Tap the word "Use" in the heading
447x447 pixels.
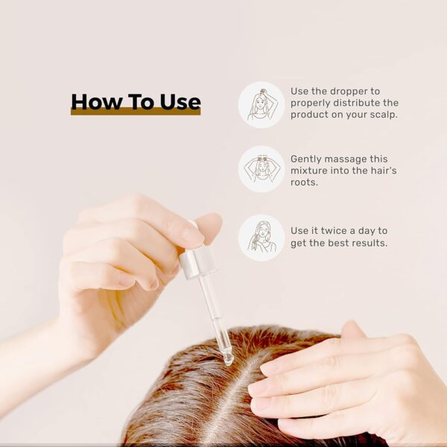point(180,102)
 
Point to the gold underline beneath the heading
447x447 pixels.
point(136,112)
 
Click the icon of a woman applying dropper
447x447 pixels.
point(261,104)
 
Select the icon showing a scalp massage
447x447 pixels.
point(261,169)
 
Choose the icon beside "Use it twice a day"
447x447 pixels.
point(261,238)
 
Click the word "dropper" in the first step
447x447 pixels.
point(350,92)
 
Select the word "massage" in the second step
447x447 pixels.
point(346,159)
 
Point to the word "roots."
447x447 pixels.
point(304,183)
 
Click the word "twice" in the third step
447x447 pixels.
point(333,231)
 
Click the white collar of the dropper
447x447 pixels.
point(197,263)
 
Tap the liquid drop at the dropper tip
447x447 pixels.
point(229,360)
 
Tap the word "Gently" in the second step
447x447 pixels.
point(306,159)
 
